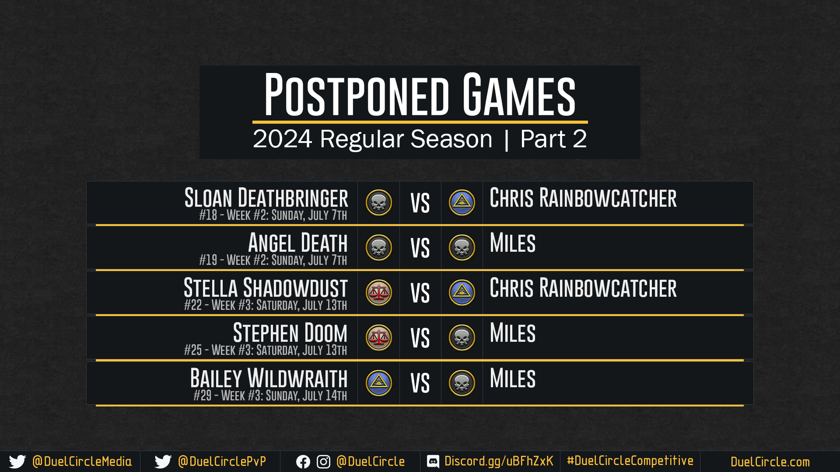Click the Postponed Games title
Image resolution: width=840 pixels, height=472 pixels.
pyautogui.click(x=420, y=95)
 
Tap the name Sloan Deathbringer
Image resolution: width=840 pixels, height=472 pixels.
pyautogui.click(x=266, y=198)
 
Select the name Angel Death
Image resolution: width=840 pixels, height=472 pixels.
pyautogui.click(x=298, y=243)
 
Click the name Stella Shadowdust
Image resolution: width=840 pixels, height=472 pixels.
pyautogui.click(x=266, y=288)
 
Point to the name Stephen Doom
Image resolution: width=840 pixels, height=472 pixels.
pyautogui.click(x=290, y=333)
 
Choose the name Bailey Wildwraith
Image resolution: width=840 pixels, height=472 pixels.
pyautogui.click(x=269, y=378)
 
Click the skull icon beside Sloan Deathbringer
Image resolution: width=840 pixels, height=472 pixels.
pyautogui.click(x=379, y=203)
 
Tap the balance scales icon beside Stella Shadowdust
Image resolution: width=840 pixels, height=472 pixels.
pyautogui.click(x=379, y=293)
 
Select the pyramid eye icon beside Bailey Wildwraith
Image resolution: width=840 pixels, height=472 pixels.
pyautogui.click(x=379, y=383)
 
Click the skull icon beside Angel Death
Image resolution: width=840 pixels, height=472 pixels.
pyautogui.click(x=379, y=248)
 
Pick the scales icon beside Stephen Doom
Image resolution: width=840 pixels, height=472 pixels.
pyautogui.click(x=379, y=338)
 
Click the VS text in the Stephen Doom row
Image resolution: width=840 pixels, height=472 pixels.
pyautogui.click(x=420, y=338)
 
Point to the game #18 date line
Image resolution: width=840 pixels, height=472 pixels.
pyautogui.click(x=273, y=215)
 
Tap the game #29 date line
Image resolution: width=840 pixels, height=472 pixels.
pyautogui.click(x=270, y=396)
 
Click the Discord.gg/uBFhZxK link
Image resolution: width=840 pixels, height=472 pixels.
pyautogui.click(x=499, y=462)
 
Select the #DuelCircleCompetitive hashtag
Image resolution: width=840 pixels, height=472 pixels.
pyautogui.click(x=630, y=461)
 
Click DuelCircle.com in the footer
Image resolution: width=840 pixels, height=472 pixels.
pyautogui.click(x=770, y=462)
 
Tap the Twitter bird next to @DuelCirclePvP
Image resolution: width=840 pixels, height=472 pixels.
pyautogui.click(x=163, y=462)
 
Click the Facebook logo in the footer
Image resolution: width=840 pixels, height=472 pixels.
pyautogui.click(x=303, y=462)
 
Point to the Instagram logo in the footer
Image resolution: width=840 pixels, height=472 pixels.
pyautogui.click(x=323, y=462)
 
